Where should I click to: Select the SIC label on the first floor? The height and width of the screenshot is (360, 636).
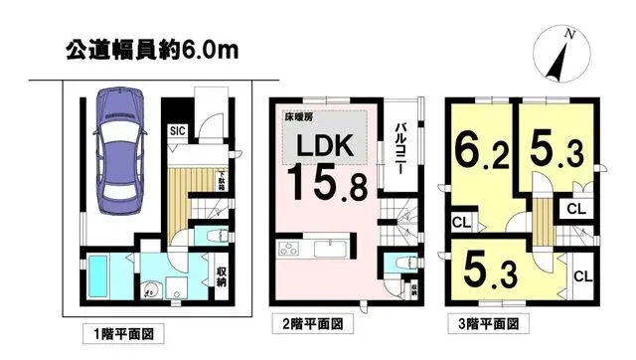[x=175, y=130]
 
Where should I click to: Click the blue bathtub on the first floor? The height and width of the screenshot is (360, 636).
[x=103, y=270]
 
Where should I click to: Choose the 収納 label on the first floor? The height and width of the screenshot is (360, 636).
[x=222, y=275]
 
